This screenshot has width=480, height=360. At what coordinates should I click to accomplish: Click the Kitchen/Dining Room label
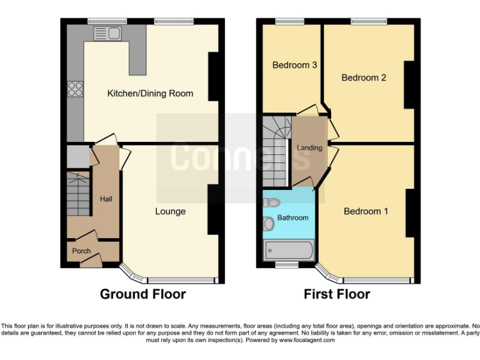coord(150,93)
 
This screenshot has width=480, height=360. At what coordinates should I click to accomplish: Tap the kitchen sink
coord(107,32)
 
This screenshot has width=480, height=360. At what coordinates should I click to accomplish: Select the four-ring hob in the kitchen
coord(75,89)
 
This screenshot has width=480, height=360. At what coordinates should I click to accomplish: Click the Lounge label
coord(170,211)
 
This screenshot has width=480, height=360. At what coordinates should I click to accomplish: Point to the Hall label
coord(106,199)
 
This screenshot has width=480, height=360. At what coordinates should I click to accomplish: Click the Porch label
coord(81,251)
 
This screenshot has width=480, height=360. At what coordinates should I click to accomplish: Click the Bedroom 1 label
coord(366,211)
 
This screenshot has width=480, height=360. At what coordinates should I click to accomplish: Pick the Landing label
coord(309,148)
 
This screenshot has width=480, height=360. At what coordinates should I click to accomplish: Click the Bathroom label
coord(292,217)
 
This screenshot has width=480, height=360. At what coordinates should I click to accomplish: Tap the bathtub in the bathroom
coord(289,250)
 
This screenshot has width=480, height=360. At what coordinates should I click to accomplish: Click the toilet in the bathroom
coord(271,202)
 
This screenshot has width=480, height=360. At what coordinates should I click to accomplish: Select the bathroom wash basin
coord(269,223)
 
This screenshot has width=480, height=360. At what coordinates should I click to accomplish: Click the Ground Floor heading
coord(142,294)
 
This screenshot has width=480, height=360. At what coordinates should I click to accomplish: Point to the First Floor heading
coord(337,294)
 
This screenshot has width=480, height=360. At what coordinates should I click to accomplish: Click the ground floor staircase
coord(78,194)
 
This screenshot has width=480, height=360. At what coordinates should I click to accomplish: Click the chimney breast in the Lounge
coord(213,210)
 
